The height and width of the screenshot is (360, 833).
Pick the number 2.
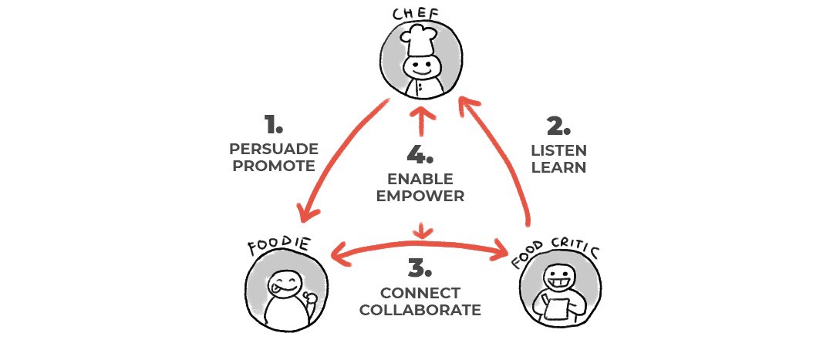coord(558,125)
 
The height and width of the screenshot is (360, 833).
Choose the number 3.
coord(419,269)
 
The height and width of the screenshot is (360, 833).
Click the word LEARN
coord(558,167)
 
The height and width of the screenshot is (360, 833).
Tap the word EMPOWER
coord(420,196)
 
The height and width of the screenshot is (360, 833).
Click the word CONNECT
coord(420,293)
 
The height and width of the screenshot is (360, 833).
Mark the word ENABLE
coord(420,179)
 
